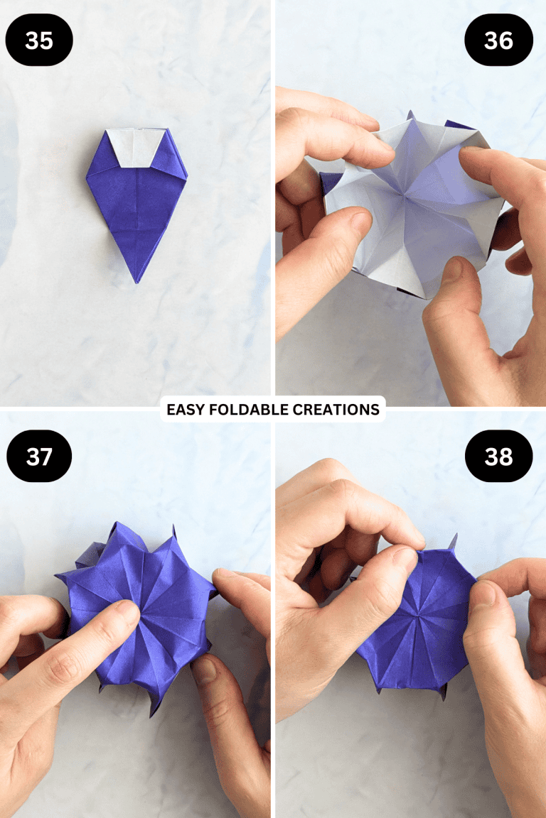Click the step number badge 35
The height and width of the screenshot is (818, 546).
coord(39,40)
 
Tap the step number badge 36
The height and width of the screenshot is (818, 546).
coord(498,40)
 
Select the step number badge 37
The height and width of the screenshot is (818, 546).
coord(39,456)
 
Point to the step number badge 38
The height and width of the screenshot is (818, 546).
coord(498,456)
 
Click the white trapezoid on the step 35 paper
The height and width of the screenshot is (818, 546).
coord(137,148)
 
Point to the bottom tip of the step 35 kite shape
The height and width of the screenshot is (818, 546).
coord(136,282)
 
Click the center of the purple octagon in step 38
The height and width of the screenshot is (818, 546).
coord(416,612)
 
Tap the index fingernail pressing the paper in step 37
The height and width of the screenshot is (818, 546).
coord(124,612)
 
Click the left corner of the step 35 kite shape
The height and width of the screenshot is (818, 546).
coord(87,173)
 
